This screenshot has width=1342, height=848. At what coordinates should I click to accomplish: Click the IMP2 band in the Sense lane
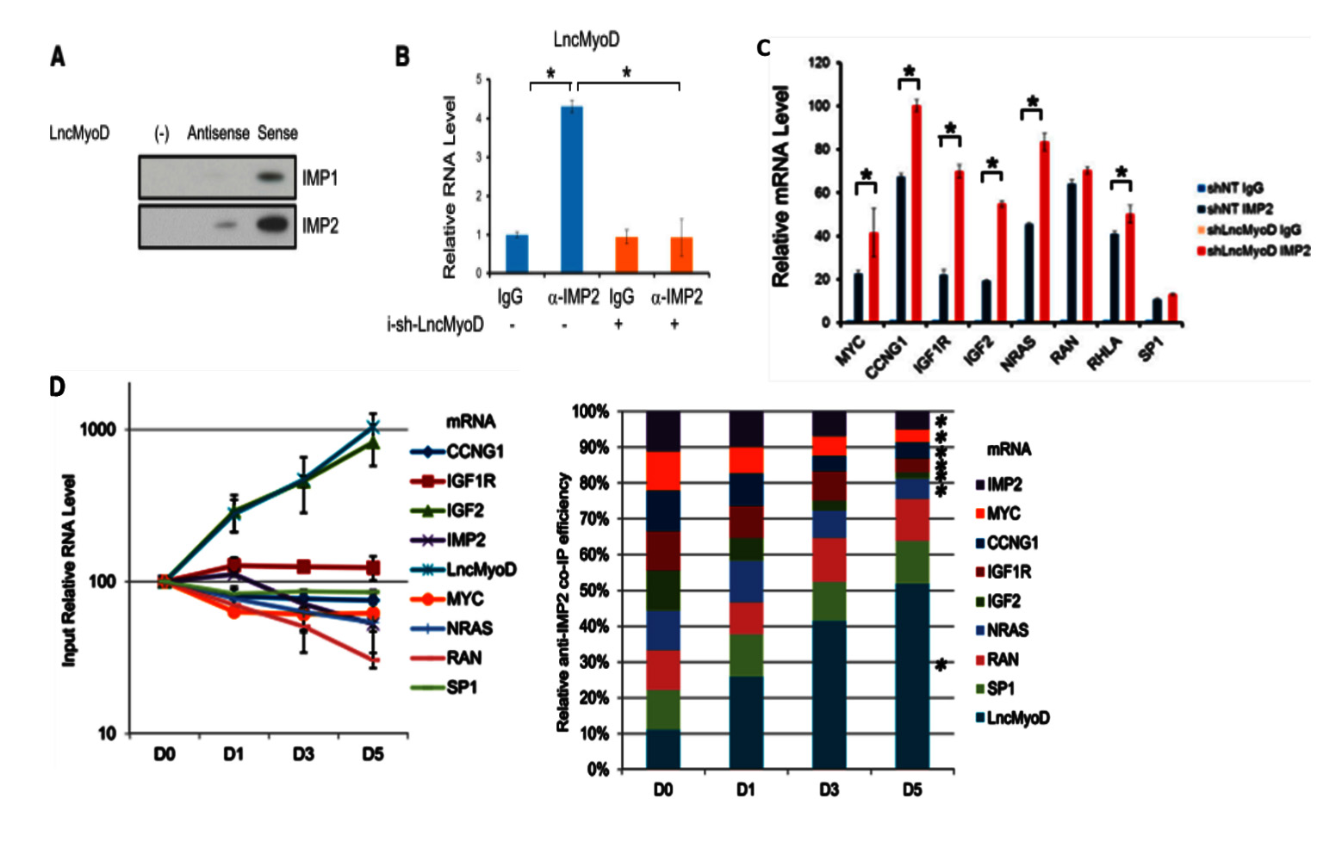[x=273, y=225]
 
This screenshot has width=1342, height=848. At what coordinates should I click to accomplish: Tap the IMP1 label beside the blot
[x=320, y=178]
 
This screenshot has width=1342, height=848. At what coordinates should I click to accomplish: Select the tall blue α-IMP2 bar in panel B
[x=572, y=189]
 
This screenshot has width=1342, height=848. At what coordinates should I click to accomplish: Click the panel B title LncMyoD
[x=586, y=40]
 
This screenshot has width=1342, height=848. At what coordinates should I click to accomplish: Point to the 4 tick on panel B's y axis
[x=479, y=118]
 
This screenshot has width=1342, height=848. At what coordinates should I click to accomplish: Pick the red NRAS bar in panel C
[x=1044, y=232]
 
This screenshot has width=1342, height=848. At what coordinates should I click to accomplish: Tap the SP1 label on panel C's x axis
[x=1152, y=349]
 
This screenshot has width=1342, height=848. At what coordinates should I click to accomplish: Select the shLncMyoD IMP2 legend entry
[x=1258, y=251]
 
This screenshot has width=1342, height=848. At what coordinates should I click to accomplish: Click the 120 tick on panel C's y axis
[x=819, y=63]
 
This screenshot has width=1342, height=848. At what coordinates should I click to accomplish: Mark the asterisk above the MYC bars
[x=867, y=176]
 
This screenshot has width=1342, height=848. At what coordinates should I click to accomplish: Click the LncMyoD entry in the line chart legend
[x=481, y=570]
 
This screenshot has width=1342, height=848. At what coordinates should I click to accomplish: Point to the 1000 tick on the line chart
[x=97, y=430]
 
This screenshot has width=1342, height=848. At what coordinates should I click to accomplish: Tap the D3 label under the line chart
[x=302, y=755]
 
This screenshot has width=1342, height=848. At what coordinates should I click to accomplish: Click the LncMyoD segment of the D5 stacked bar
[x=912, y=676]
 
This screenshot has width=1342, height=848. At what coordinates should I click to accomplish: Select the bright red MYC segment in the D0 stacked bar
[x=662, y=470]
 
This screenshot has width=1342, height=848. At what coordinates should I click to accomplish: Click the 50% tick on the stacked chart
[x=592, y=591]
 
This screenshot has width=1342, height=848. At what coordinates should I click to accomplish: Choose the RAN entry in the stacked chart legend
[x=1003, y=659]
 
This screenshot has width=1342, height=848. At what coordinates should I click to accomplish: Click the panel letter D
[x=57, y=387]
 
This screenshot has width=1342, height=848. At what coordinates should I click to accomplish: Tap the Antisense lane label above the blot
[x=218, y=133]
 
